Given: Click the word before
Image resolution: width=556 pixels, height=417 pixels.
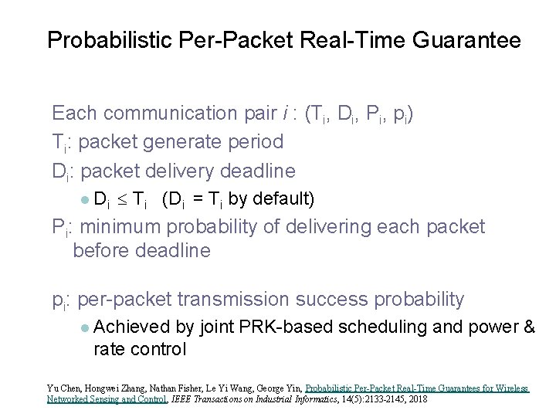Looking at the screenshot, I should coord(102,251).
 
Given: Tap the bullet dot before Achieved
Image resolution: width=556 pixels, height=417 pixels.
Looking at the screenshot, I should coord(84,327).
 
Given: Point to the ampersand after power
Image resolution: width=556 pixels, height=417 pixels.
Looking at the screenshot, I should coord(527,327).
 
